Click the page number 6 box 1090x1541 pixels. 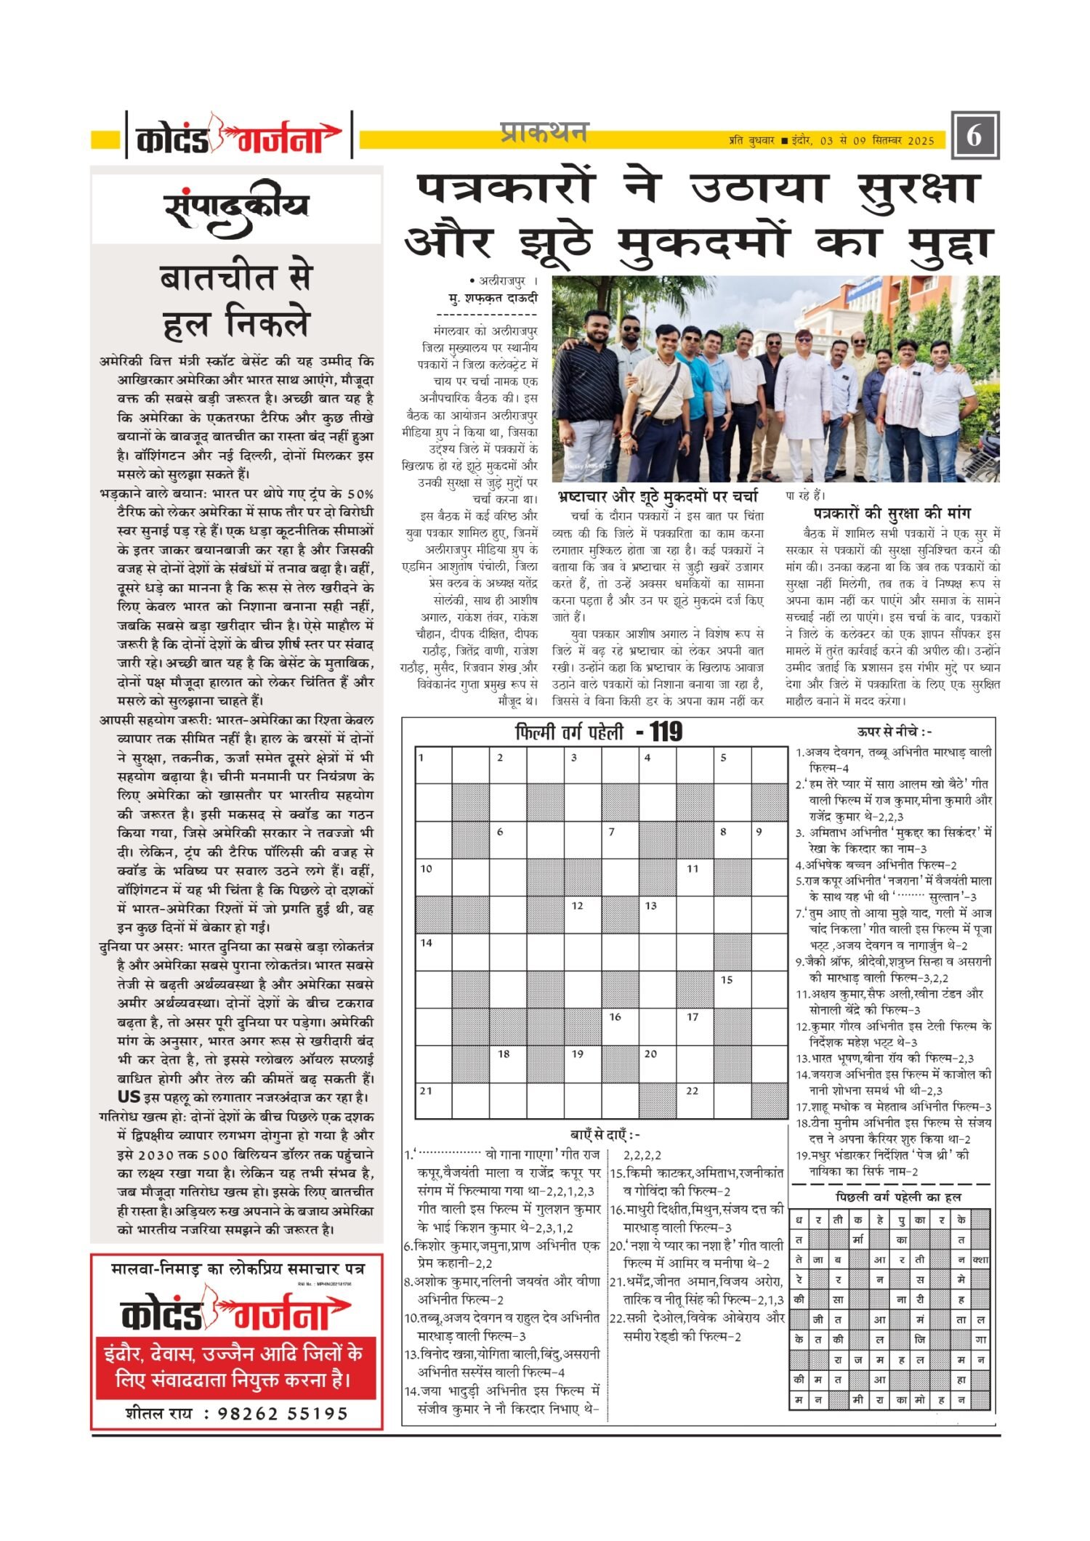tap(974, 136)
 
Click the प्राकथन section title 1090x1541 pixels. tap(544, 133)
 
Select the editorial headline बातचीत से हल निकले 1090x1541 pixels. tap(236, 301)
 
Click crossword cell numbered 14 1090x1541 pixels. tap(433, 951)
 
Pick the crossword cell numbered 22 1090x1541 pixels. tap(695, 1099)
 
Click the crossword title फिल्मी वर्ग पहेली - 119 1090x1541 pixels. tap(598, 732)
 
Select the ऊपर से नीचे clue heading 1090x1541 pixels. tap(893, 732)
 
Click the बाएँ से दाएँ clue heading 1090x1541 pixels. tap(605, 1135)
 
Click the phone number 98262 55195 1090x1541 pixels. tap(282, 1413)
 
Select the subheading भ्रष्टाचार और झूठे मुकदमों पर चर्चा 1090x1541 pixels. tap(658, 496)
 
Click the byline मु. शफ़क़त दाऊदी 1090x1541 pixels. tap(493, 298)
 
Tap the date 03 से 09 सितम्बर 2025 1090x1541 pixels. tap(876, 140)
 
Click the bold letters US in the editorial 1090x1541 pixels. tap(129, 1096)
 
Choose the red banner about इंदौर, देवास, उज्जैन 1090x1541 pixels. tap(236, 1366)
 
